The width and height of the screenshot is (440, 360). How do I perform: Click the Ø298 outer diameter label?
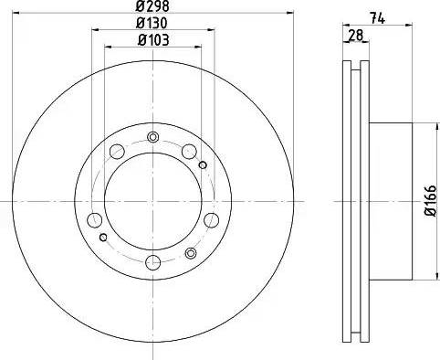point(152,6)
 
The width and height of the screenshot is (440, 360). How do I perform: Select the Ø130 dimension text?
point(152,22)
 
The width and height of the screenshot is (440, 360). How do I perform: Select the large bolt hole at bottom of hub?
point(153,263)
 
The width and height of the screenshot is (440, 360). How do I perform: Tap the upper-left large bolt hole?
point(119,153)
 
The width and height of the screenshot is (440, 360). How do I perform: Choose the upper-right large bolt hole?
point(188,153)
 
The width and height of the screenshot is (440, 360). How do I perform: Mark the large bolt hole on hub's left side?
point(95,219)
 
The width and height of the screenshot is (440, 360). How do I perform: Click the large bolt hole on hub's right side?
point(212,219)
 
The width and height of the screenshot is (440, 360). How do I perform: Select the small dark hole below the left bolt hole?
point(104,238)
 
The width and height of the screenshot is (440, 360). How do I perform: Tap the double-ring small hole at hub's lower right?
point(191,253)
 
